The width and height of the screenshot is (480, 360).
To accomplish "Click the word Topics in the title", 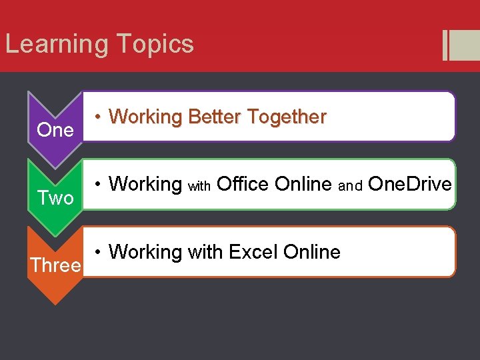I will tap(155, 45).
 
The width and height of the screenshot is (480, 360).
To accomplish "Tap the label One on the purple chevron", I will tap(55, 130).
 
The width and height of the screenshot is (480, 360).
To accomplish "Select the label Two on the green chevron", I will tap(55, 198).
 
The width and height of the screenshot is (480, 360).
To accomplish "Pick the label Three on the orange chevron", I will tap(55, 265).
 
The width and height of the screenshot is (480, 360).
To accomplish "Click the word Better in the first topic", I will tap(214, 117).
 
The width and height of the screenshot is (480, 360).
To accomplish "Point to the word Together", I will tap(287, 117).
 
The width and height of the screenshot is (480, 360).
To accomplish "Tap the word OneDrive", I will tap(409, 183).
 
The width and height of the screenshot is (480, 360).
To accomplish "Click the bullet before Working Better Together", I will tap(97, 117).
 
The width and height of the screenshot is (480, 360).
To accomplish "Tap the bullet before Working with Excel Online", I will tap(97, 252).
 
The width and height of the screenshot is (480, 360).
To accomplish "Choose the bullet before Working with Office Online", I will tap(97, 184).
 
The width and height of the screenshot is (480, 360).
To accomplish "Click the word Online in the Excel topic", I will tap(311, 252).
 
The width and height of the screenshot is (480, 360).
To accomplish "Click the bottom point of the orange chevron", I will tap(55, 303).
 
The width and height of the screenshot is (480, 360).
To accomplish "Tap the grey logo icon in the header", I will tap(460, 45).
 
